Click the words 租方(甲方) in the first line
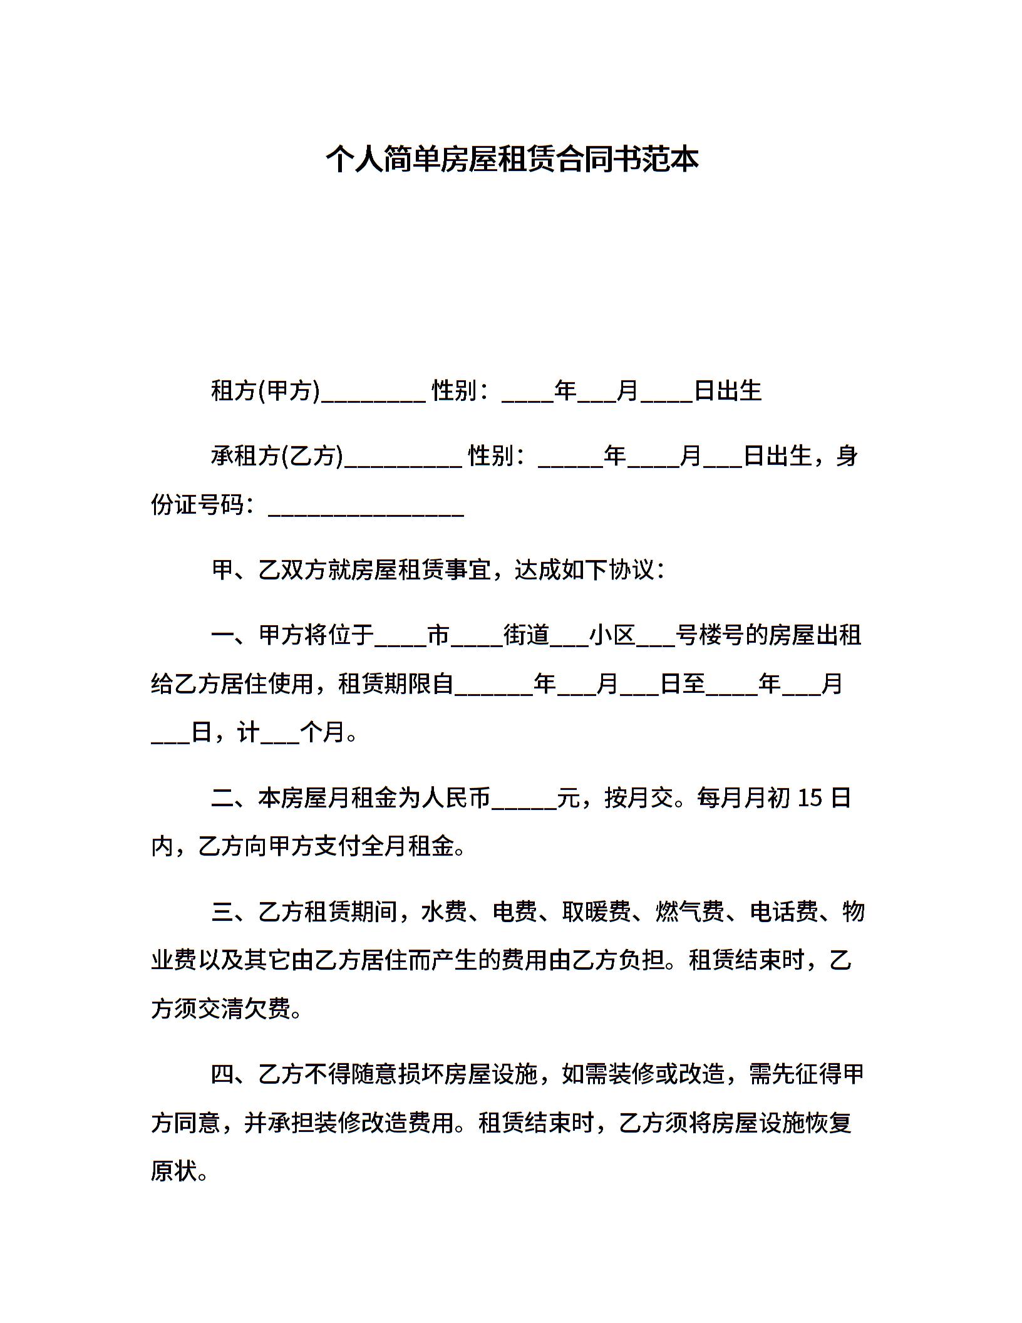(266, 391)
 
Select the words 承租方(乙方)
(277, 456)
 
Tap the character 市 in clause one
(438, 635)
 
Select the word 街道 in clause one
(527, 635)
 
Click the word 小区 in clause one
(612, 635)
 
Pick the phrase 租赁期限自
(396, 683)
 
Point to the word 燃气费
(690, 911)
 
